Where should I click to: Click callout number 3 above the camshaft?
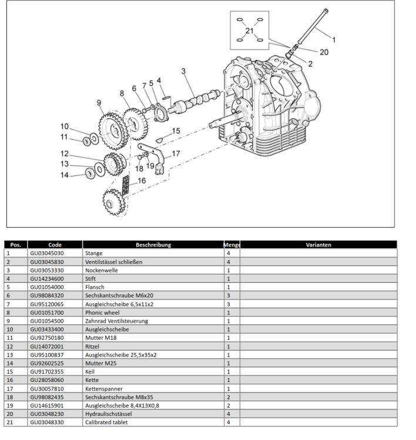coord(183,71)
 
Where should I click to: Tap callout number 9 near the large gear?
coord(99,103)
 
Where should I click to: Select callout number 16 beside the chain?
coord(142,181)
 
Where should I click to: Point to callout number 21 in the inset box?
coord(249,31)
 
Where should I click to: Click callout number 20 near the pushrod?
coord(324,52)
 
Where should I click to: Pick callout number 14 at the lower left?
coord(65,175)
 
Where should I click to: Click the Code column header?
coord(55,245)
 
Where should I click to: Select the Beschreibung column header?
coord(153,245)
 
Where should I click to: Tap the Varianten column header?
coord(318,245)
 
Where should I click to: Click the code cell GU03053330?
coord(47,270)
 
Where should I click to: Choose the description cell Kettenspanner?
coord(104,388)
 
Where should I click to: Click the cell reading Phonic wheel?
coord(102,312)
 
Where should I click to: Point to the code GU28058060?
coord(47,380)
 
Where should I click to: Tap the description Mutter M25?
coord(101,363)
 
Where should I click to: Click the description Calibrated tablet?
coord(106,422)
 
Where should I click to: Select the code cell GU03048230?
coord(47,414)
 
